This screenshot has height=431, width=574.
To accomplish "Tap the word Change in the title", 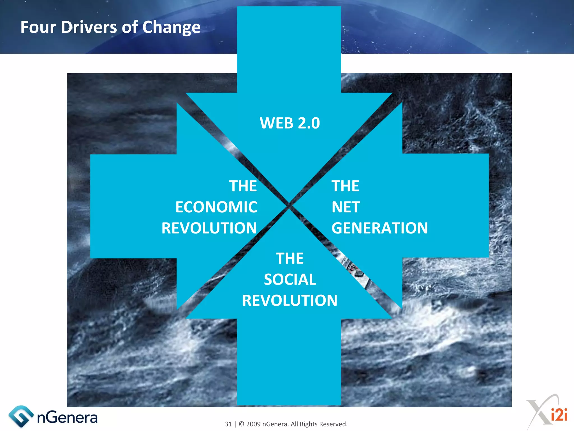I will (171, 28).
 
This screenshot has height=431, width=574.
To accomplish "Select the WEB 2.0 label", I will (290, 123).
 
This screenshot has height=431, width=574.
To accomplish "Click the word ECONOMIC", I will (216, 207).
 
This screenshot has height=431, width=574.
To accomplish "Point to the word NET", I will (346, 207).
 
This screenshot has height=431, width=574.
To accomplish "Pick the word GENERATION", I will (379, 228).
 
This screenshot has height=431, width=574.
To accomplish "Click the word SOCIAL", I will (290, 279).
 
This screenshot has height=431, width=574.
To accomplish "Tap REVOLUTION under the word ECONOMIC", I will (209, 228).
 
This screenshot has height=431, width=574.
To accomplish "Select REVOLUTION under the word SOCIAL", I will (290, 301).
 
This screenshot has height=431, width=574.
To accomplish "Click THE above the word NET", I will (345, 186).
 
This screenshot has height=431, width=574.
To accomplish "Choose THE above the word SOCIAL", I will (290, 258).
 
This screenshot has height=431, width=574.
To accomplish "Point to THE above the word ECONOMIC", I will (243, 186).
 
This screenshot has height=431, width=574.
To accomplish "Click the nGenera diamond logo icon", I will (20, 416).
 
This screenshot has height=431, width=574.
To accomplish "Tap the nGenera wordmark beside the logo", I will (67, 418).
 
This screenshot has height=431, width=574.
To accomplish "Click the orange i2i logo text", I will (559, 415).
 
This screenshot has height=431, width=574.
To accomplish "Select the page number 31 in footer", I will (228, 424).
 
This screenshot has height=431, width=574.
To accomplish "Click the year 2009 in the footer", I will (253, 424).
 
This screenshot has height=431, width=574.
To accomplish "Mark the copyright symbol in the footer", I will (241, 424).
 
